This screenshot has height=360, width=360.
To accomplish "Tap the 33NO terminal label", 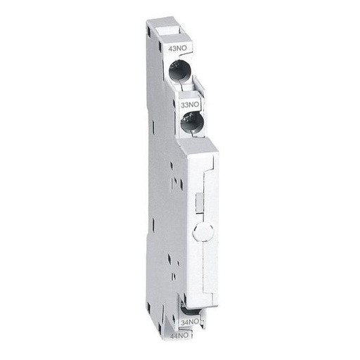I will click(191, 103).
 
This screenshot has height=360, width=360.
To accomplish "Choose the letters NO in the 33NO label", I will click(195, 103).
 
